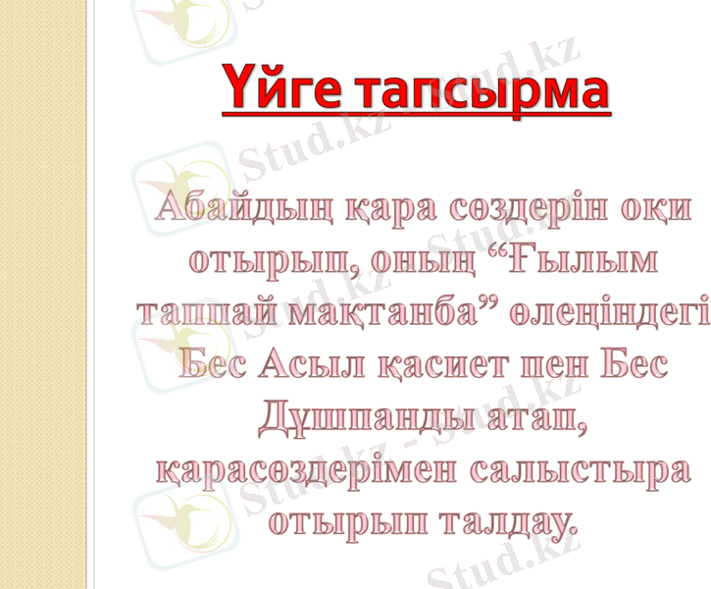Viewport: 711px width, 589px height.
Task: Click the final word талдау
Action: (506, 519)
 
